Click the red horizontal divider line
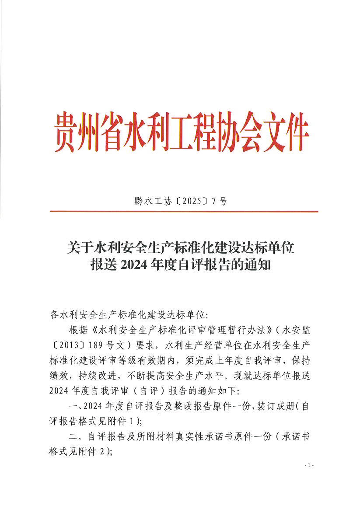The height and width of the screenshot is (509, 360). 184,212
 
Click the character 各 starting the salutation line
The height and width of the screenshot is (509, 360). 55,314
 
